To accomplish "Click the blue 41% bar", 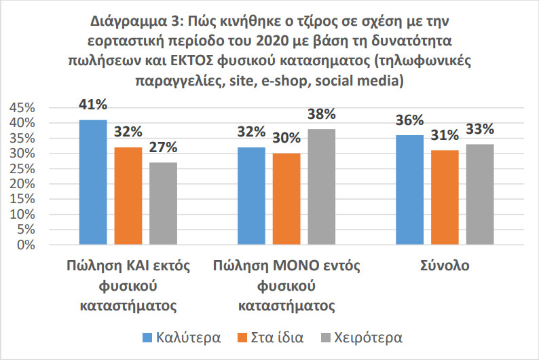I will coord(92,182).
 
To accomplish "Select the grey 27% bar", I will coord(163,203).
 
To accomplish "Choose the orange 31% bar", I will coord(445,197).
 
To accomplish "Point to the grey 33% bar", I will coord(479,194).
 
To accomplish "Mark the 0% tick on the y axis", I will coord(25,245).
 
